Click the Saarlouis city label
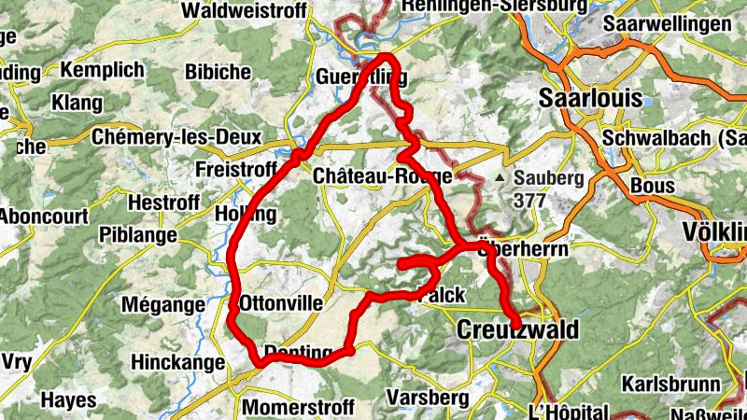coord(592,98)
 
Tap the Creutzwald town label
coord(517,329)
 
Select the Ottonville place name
coord(281,303)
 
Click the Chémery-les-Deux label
coord(176,136)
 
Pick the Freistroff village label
coord(237,169)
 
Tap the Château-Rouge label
coord(383,175)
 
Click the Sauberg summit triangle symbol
coord(500,176)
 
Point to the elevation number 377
coord(529,200)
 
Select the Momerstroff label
coord(298,407)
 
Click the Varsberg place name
coord(427,397)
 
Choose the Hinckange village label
coord(178,362)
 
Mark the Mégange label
coord(163,304)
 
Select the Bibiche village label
coord(218,71)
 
